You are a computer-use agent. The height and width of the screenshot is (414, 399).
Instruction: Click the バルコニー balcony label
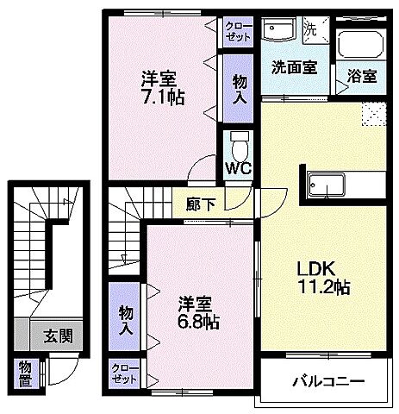point(327,380)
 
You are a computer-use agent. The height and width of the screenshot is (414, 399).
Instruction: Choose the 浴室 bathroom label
point(362,75)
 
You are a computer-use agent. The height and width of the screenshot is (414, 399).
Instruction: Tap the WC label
point(239,167)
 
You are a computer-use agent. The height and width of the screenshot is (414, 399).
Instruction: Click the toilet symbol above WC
point(238,141)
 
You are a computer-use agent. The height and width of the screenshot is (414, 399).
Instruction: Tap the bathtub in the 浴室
point(359,46)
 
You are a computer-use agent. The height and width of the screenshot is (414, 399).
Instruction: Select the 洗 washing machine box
point(314,28)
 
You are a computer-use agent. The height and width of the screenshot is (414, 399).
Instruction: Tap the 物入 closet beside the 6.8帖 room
point(126,318)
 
